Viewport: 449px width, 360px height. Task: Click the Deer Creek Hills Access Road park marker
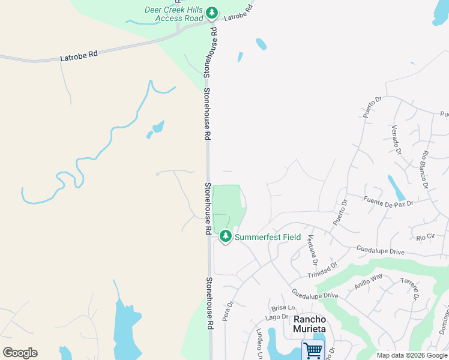(211, 13)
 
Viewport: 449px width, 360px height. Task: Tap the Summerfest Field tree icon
(226, 236)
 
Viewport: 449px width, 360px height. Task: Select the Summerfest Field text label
(268, 237)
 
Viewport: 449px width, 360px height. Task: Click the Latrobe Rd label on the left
(79, 56)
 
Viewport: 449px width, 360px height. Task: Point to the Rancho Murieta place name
(309, 324)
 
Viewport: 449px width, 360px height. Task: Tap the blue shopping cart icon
(313, 349)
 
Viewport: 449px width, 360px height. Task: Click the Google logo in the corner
(20, 353)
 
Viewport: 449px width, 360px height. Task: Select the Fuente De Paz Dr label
(389, 200)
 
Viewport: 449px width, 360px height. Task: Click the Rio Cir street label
(425, 237)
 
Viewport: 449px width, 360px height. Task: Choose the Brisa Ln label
(281, 307)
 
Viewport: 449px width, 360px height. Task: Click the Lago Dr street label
(277, 317)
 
